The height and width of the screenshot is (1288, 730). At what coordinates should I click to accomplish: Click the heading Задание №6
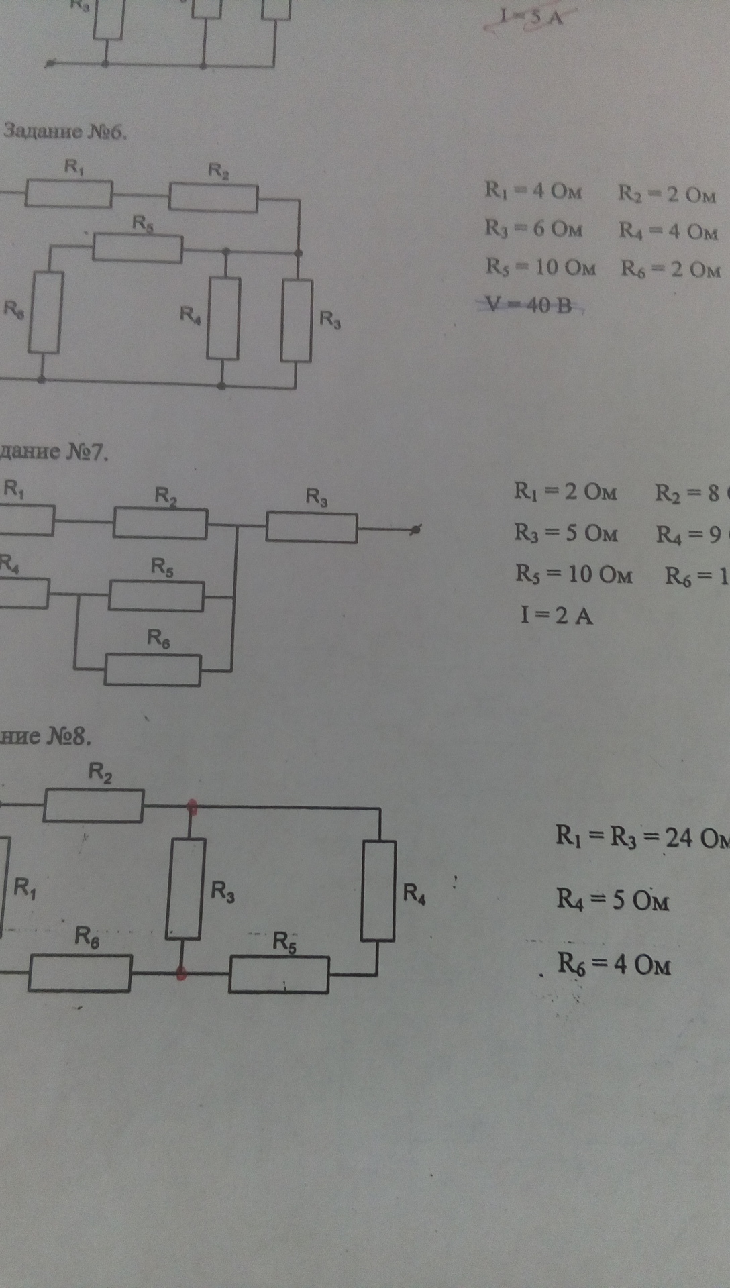64,131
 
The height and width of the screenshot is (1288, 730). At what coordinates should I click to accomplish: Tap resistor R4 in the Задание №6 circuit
223,318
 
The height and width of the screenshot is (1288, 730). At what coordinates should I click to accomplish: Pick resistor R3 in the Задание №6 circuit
297,320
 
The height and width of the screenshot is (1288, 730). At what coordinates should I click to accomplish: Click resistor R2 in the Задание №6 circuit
213,197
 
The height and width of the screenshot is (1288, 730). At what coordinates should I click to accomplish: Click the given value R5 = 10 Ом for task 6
541,268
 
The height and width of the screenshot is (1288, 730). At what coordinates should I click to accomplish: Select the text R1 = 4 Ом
533,192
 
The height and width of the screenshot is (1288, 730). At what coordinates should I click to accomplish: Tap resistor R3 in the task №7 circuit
311,527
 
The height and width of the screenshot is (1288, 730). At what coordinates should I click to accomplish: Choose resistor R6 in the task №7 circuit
152,670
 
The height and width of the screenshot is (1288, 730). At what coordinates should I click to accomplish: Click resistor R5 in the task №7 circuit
156,596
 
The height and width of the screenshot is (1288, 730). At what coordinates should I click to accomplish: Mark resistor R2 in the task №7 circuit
160,523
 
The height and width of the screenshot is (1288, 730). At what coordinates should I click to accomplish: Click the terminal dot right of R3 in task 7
416,530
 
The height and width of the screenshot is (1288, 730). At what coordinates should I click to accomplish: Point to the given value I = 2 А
557,615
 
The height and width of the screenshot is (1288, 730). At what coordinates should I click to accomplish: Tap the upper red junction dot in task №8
192,806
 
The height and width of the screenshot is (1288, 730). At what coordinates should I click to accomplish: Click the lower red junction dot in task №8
181,973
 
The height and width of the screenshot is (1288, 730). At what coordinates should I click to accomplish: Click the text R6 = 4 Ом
614,965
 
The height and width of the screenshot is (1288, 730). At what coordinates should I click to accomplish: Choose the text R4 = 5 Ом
613,900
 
